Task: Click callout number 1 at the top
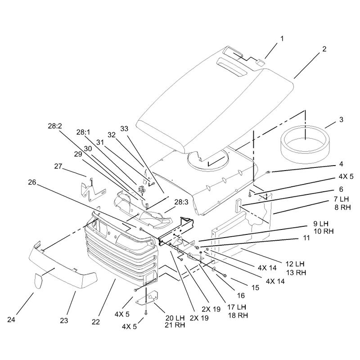click(282, 39)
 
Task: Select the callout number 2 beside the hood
click(324, 49)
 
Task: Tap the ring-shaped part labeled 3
click(306, 144)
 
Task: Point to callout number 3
click(341, 120)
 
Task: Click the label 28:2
click(55, 126)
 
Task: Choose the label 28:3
click(181, 202)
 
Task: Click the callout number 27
click(58, 166)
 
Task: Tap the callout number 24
click(11, 319)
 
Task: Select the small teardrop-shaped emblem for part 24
click(39, 280)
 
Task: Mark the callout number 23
click(64, 320)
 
